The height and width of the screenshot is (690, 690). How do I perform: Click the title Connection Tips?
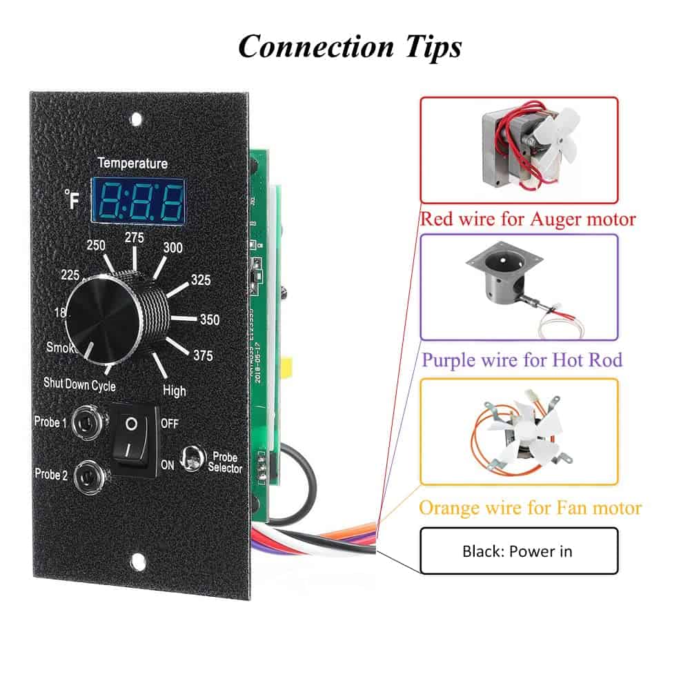[349, 47]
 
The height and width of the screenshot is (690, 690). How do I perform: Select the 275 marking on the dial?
[134, 237]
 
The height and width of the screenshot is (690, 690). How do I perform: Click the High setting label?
[175, 390]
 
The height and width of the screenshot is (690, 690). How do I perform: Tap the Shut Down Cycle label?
[79, 384]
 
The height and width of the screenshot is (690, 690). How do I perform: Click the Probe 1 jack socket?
[90, 420]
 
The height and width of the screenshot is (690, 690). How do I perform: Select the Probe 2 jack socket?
[90, 475]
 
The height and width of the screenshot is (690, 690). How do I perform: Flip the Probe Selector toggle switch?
[190, 457]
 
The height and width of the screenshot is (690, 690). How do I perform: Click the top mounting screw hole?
[137, 118]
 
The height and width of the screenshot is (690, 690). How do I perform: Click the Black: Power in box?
[518, 551]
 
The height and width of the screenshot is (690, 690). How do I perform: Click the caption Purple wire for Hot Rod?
[522, 359]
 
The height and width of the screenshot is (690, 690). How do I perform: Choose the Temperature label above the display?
[132, 164]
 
